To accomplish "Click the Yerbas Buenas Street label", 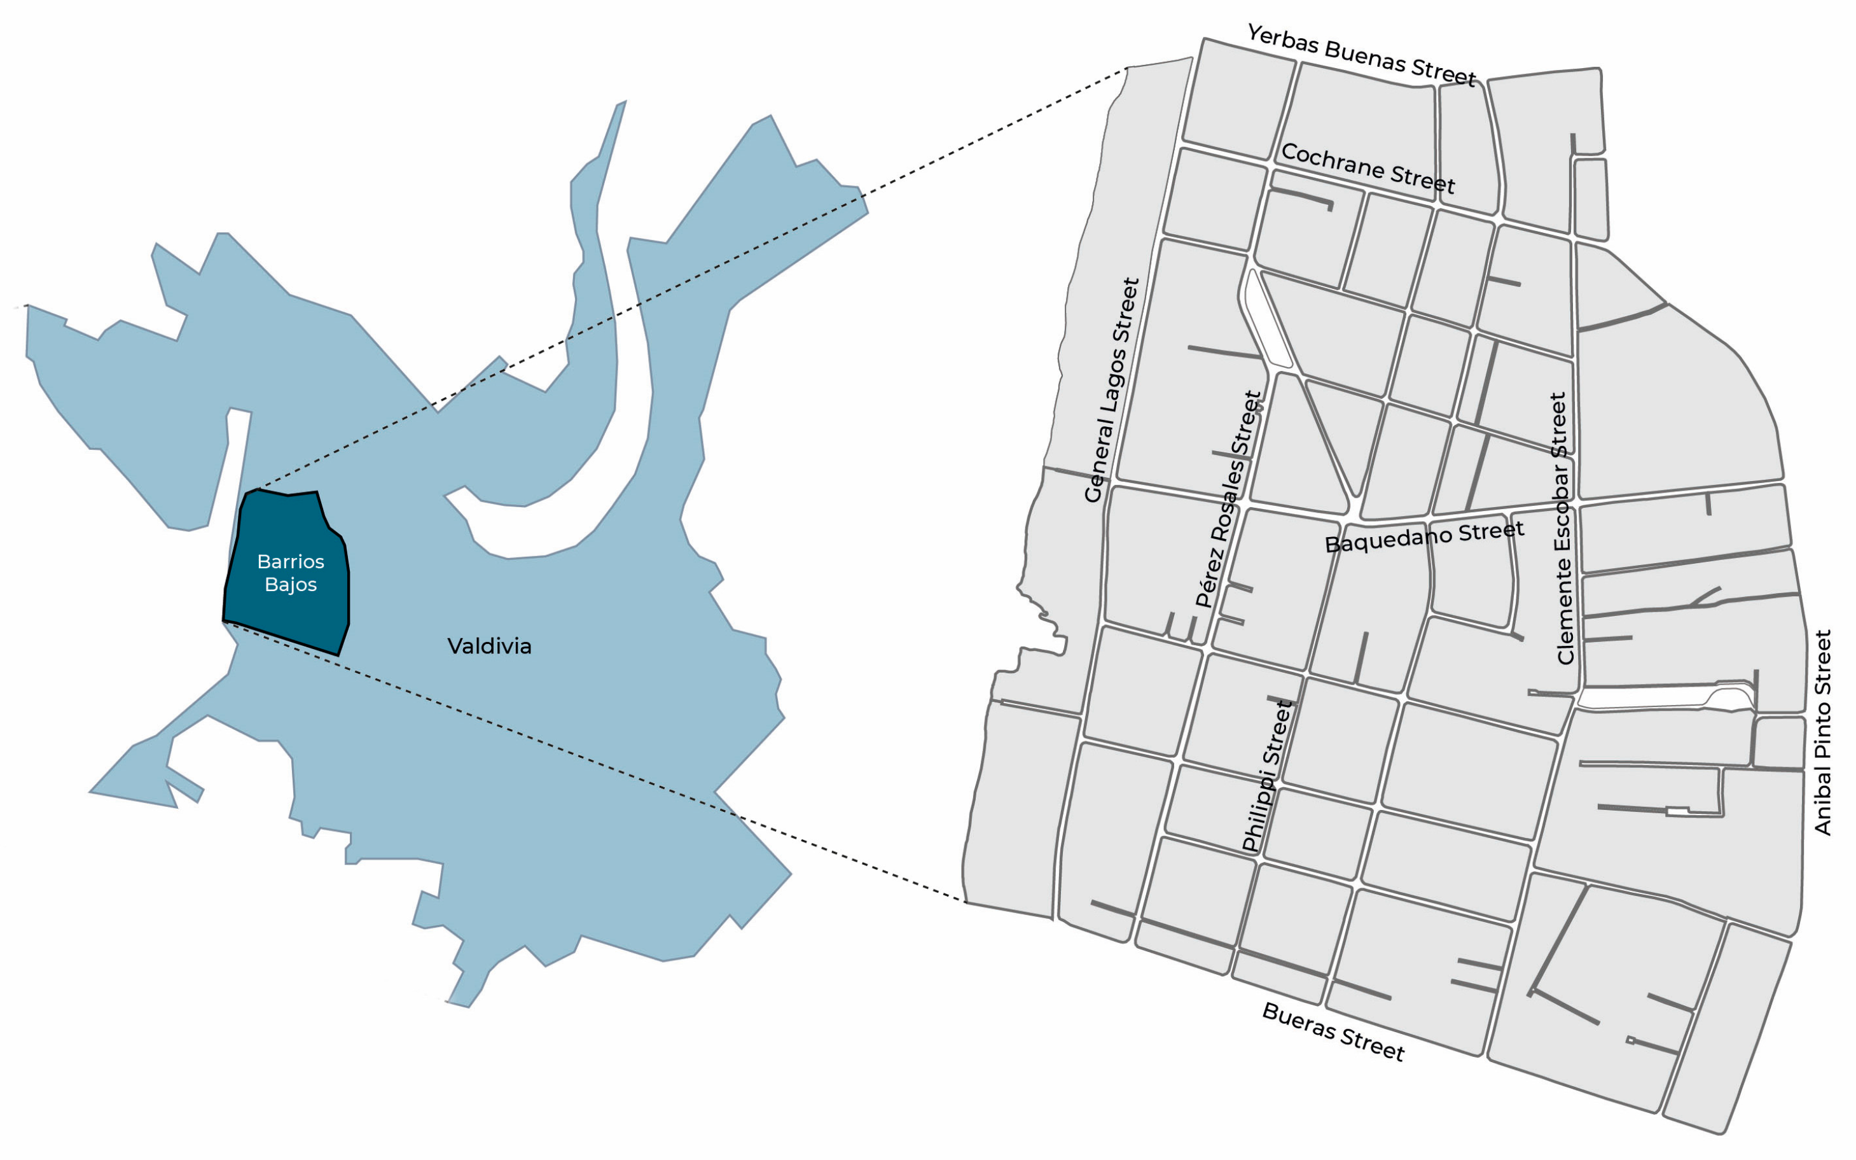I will click(x=1361, y=55).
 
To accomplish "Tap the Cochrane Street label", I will click(x=1368, y=168).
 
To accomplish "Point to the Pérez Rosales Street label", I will click(x=1229, y=500).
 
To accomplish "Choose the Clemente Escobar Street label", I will click(x=1562, y=529).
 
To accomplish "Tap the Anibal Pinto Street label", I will click(x=1822, y=732).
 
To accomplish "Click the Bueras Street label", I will click(x=1333, y=1032).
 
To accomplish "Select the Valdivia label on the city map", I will click(x=489, y=646).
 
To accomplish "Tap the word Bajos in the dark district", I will click(x=291, y=585).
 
